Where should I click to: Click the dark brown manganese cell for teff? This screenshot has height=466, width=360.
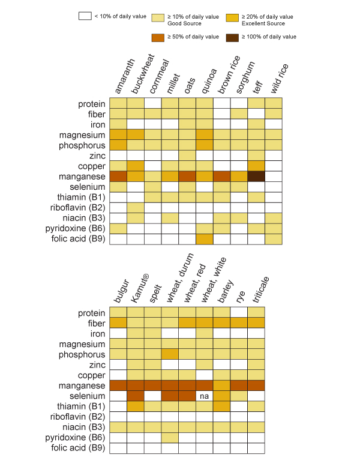[x=256, y=177]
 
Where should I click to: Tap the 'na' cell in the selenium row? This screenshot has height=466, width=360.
[x=205, y=396]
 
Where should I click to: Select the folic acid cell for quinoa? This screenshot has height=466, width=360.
[x=205, y=238]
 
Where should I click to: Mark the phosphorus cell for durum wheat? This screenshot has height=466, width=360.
[x=170, y=354]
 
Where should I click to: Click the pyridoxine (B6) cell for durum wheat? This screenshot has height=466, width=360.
[x=170, y=438]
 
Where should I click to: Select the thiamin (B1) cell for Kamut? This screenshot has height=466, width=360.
[x=135, y=407]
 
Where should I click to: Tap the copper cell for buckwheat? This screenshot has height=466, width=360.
[x=135, y=166]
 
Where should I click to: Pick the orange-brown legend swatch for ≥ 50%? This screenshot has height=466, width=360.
[x=159, y=37]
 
